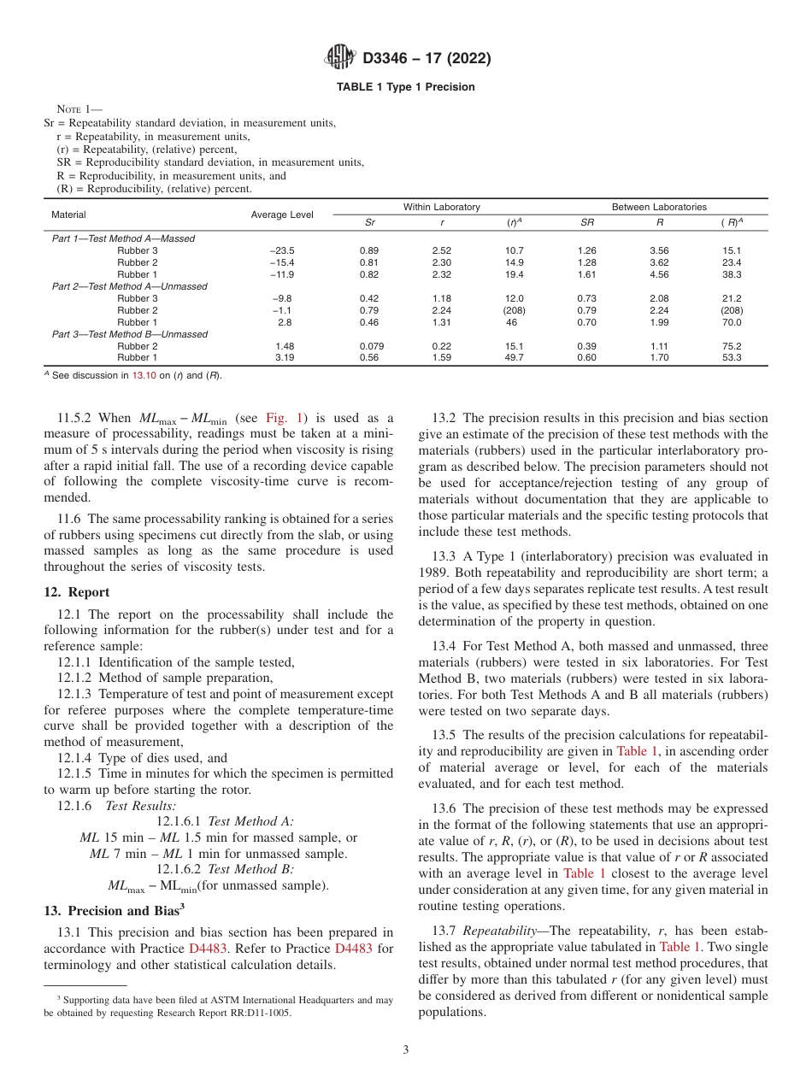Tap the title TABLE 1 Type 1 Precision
pyautogui.click(x=405, y=87)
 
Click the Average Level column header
pyautogui.click(x=282, y=214)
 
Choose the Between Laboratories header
pyautogui.click(x=659, y=207)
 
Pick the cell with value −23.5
pyautogui.click(x=281, y=250)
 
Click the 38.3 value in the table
pyautogui.click(x=731, y=274)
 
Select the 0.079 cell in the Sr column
pyautogui.click(x=371, y=346)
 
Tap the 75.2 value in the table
pyautogui.click(x=731, y=346)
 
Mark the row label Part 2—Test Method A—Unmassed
pyautogui.click(x=129, y=286)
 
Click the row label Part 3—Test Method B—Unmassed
pyautogui.click(x=129, y=334)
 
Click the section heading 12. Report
pyautogui.click(x=76, y=592)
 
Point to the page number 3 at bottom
pyautogui.click(x=406, y=1049)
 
